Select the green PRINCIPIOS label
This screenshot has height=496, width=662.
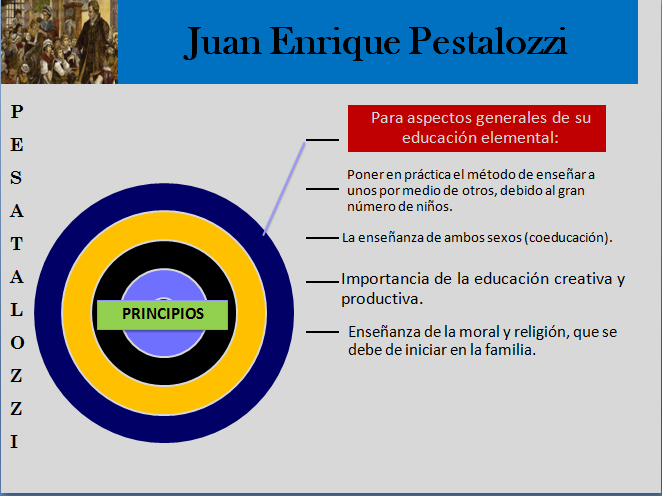coord(163,314)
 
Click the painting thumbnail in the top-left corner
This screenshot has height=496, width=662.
coord(59,41)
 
